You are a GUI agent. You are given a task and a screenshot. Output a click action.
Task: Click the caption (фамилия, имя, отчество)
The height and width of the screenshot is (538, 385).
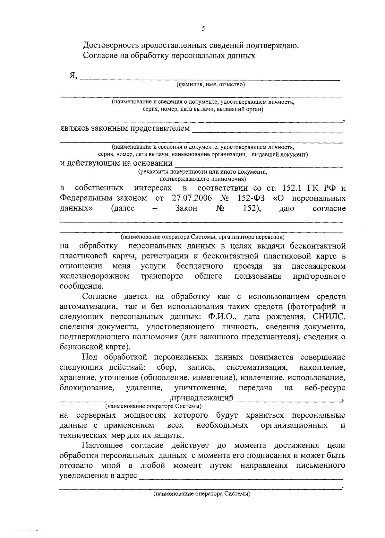coord(210,85)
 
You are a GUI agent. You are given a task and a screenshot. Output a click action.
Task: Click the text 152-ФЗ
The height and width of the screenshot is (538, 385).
coord(251,197)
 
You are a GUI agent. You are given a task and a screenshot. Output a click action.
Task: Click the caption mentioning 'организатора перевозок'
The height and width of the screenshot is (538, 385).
coord(202,237)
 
